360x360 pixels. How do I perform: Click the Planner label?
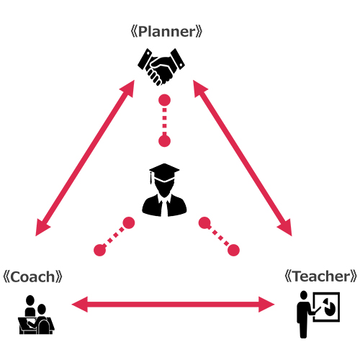pyautogui.click(x=166, y=32)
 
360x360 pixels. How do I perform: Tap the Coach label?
pyautogui.click(x=32, y=276)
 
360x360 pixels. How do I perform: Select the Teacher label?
pyautogui.click(x=321, y=276)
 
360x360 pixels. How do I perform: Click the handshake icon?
pyautogui.click(x=161, y=67)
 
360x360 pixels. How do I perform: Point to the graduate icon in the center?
pyautogui.click(x=164, y=190)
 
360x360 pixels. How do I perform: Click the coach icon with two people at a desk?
pyautogui.click(x=36, y=315)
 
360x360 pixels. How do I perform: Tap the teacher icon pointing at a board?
pyautogui.click(x=318, y=314)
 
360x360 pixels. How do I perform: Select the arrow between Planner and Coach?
pyautogui.click(x=85, y=158)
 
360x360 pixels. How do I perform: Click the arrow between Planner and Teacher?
pyautogui.click(x=243, y=158)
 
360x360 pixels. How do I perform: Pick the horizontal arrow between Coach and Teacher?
pyautogui.click(x=173, y=305)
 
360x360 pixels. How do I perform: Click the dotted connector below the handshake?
pyautogui.click(x=164, y=120)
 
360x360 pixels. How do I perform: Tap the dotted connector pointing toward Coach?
pyautogui.click(x=114, y=237)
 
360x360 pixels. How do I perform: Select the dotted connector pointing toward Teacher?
pyautogui.click(x=219, y=237)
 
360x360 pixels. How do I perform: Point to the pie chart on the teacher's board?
pyautogui.click(x=330, y=307)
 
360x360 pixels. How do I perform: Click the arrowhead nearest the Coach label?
pyautogui.click(x=42, y=228)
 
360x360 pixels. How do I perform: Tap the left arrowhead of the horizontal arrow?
pyautogui.click(x=80, y=305)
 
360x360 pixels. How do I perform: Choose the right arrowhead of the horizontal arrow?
pyautogui.click(x=266, y=305)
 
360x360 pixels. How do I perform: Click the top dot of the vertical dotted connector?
pyautogui.click(x=164, y=100)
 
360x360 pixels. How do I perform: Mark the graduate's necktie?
pyautogui.click(x=164, y=208)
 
